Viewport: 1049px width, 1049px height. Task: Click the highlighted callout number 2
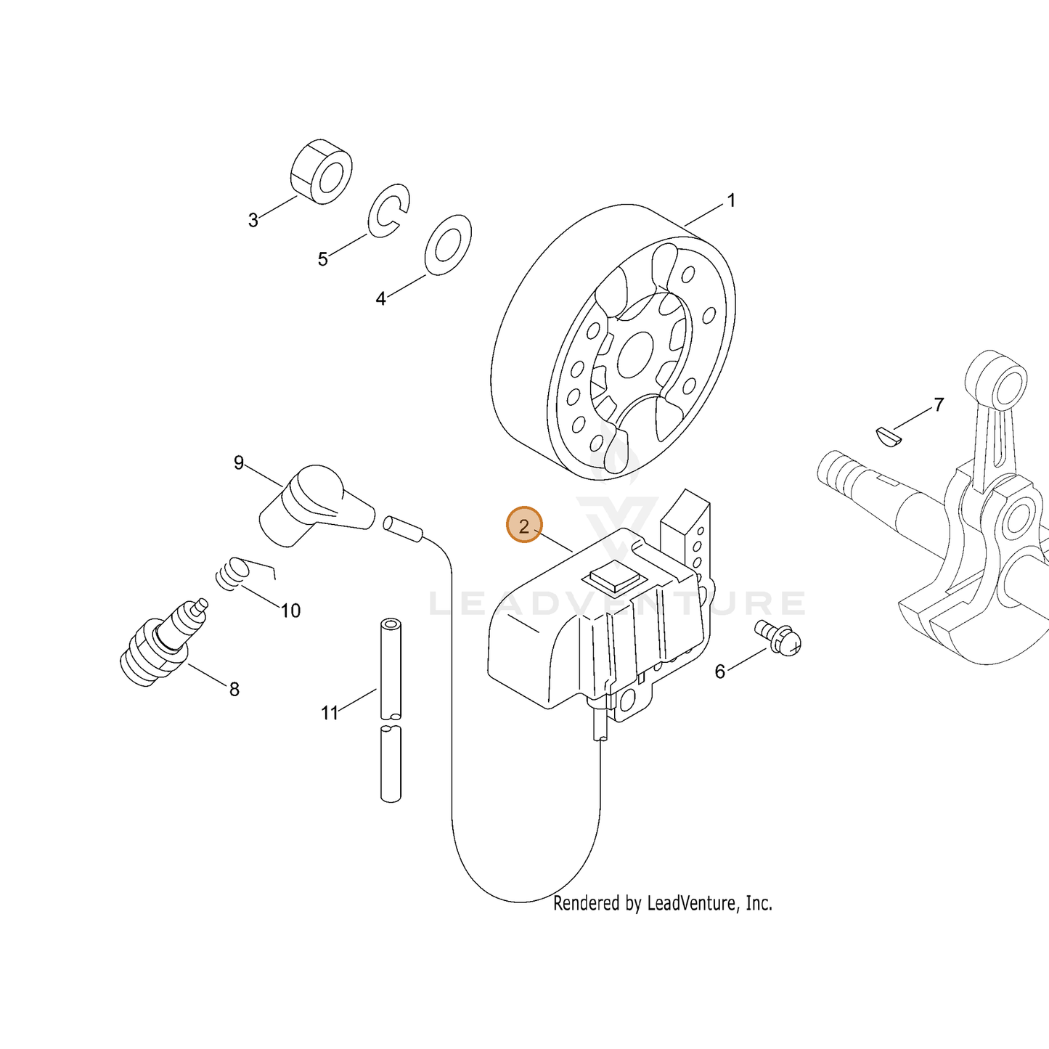(523, 526)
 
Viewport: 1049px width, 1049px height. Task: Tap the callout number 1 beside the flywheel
(732, 200)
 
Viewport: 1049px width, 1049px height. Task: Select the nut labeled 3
(321, 171)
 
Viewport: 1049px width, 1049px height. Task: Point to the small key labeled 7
(888, 435)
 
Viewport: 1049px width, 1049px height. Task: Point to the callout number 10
(290, 611)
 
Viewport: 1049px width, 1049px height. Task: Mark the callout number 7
(939, 404)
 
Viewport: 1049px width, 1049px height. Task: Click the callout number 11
(330, 713)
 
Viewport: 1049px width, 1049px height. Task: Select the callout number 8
(234, 689)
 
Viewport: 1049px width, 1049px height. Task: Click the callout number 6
(719, 672)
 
